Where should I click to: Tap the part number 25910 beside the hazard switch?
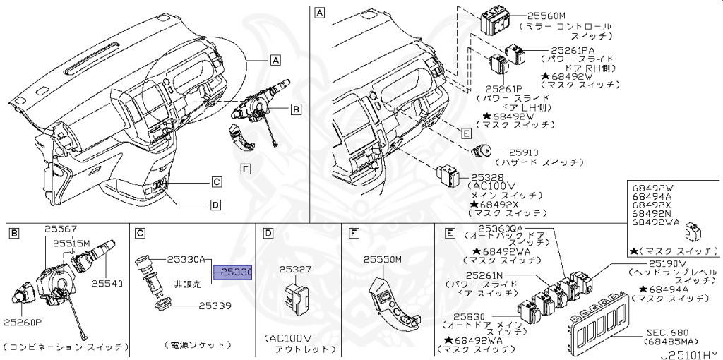click(525, 152)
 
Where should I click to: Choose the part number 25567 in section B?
click(61, 229)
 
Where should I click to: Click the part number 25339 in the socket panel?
click(215, 306)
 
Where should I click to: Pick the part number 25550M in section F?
click(383, 260)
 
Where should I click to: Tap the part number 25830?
click(471, 318)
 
